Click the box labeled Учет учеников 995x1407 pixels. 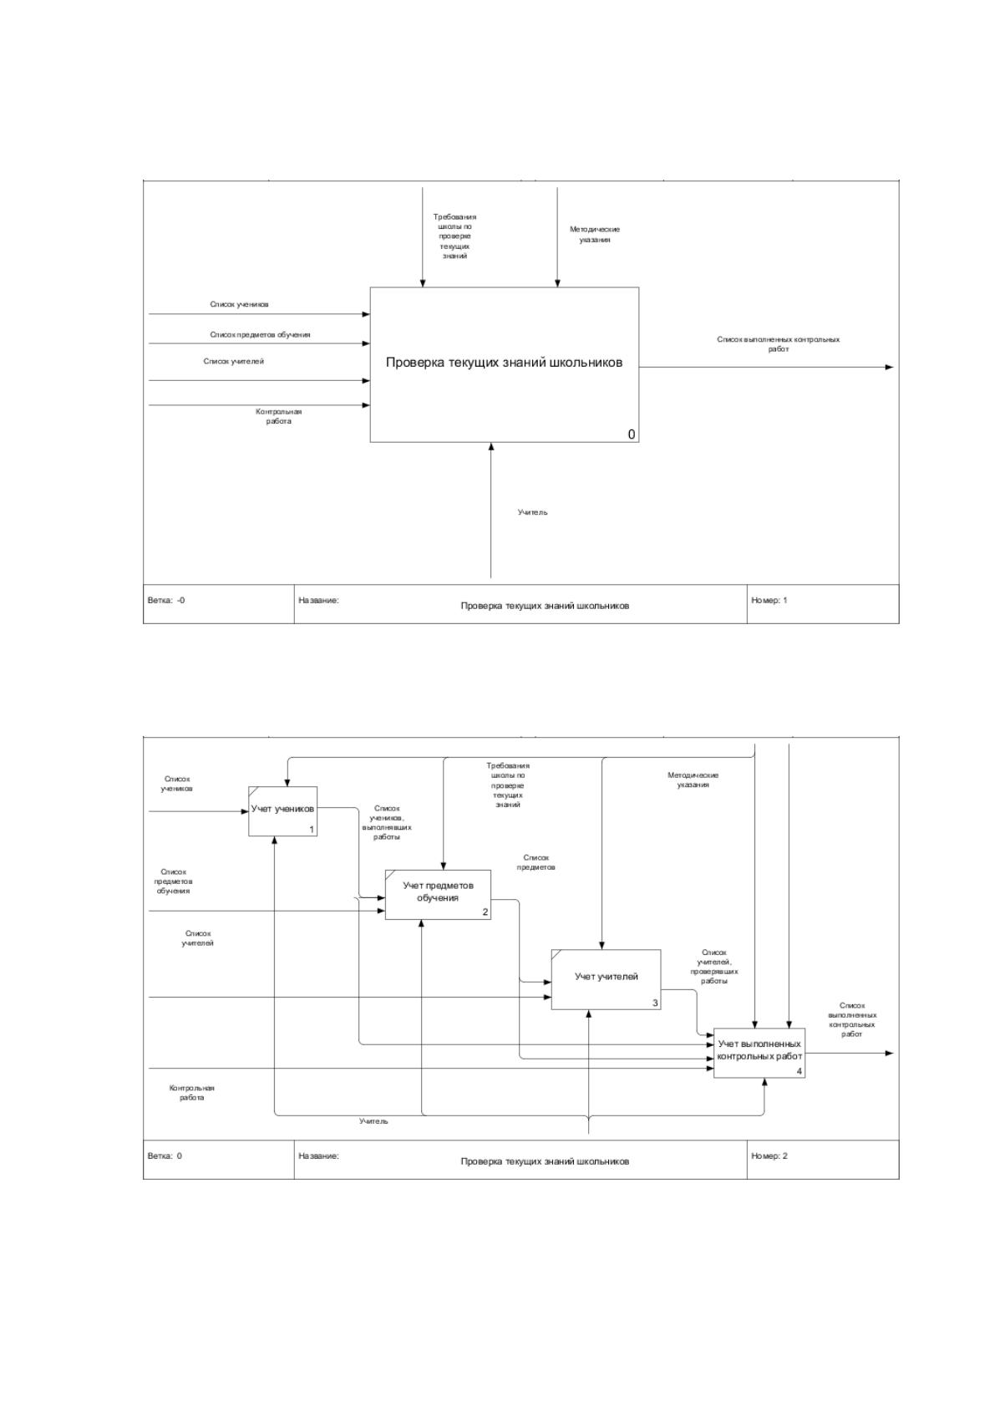pyautogui.click(x=282, y=811)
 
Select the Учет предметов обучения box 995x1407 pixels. pyautogui.click(x=438, y=895)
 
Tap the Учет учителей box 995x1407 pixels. pyautogui.click(x=607, y=979)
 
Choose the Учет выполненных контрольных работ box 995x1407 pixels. pyautogui.click(x=759, y=1053)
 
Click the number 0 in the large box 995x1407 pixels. pyautogui.click(x=632, y=434)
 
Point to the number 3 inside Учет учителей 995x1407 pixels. pyautogui.click(x=655, y=1003)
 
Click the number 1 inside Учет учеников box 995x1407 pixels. pyautogui.click(x=312, y=830)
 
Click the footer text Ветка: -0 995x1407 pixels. pyautogui.click(x=166, y=600)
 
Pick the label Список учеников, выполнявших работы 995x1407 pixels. pyautogui.click(x=387, y=822)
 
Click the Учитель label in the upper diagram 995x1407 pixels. pyautogui.click(x=533, y=512)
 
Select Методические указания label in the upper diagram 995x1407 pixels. pyautogui.click(x=595, y=234)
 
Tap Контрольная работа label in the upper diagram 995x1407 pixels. pyautogui.click(x=278, y=416)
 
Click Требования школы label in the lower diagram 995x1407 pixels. pyautogui.click(x=508, y=785)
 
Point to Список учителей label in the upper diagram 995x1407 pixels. pyautogui.click(x=234, y=361)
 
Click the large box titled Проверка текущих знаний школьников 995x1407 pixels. pyautogui.click(x=505, y=365)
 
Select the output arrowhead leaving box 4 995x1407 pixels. pyautogui.click(x=889, y=1054)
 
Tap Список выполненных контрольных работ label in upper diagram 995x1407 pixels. pyautogui.click(x=779, y=344)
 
